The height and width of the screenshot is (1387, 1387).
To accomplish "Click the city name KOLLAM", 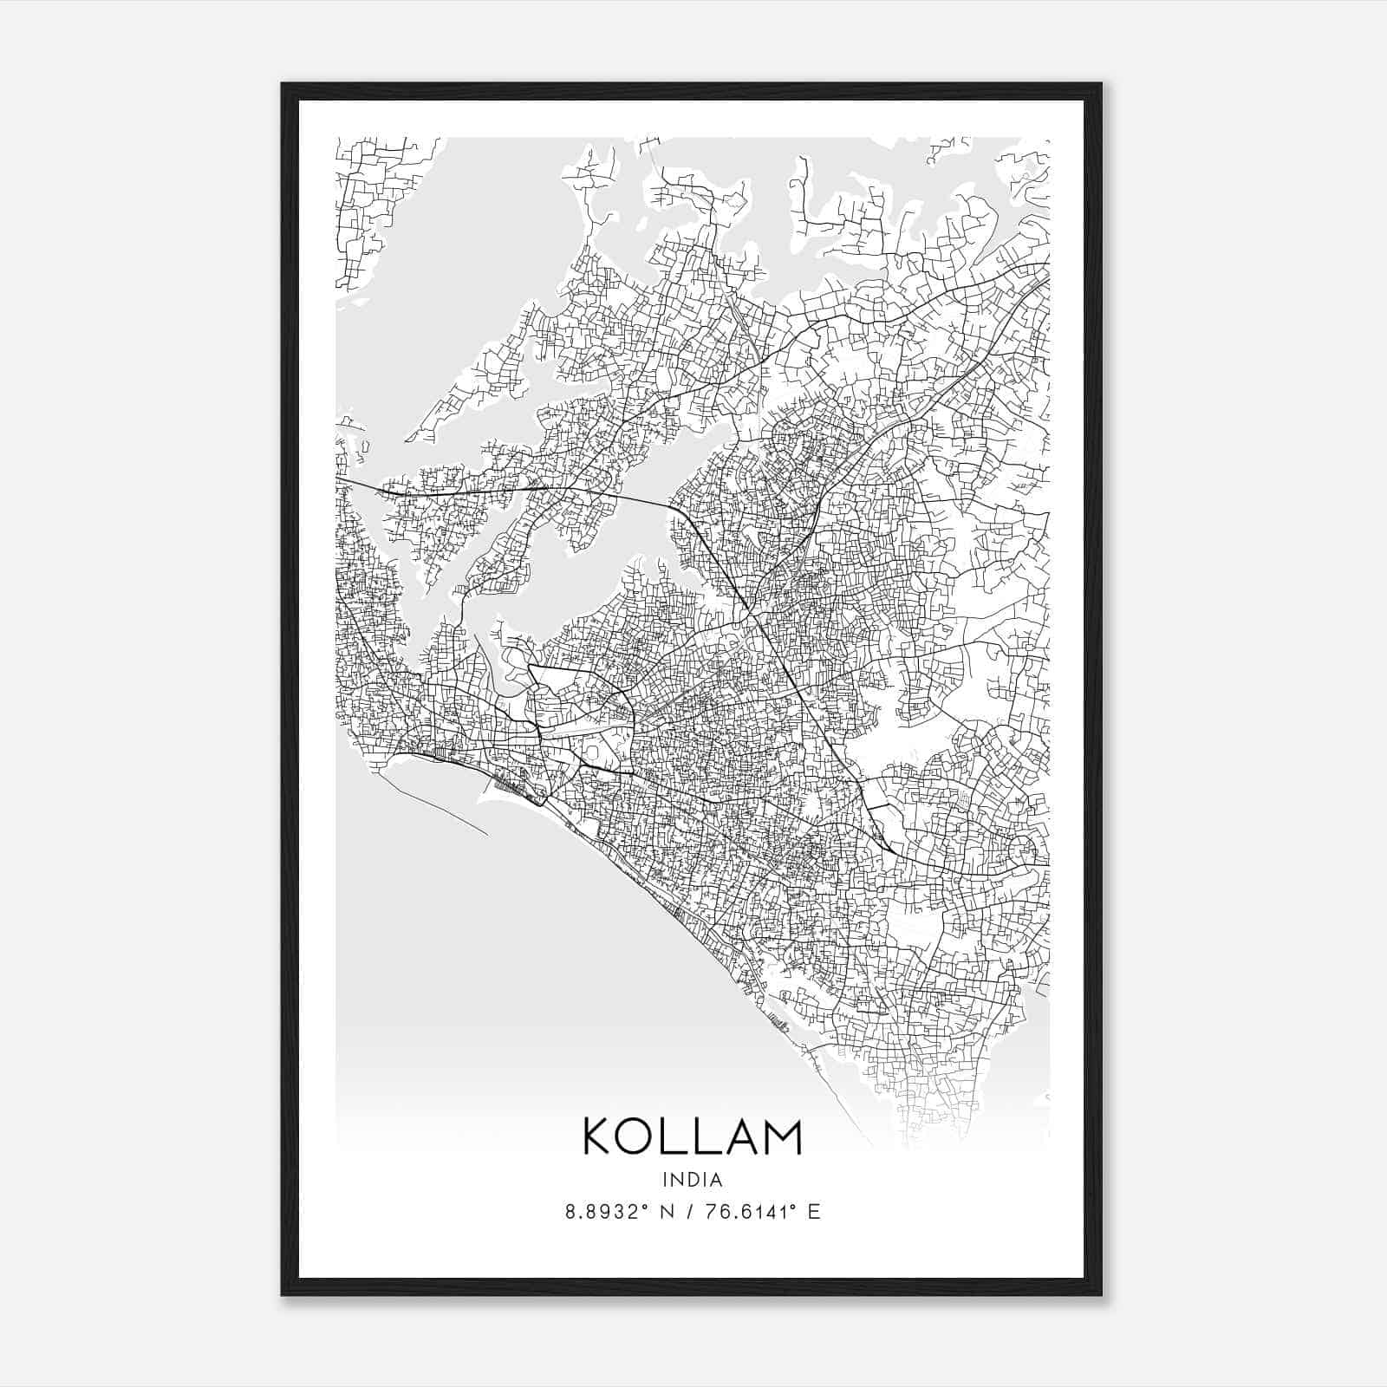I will (693, 1136).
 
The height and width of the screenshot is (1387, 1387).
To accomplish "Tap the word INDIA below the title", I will (693, 1179).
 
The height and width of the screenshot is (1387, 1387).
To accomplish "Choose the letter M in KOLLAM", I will (782, 1136).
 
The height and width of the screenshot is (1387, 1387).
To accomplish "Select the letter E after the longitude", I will (813, 1212).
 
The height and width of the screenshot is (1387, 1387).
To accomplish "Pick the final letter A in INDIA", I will (717, 1179).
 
